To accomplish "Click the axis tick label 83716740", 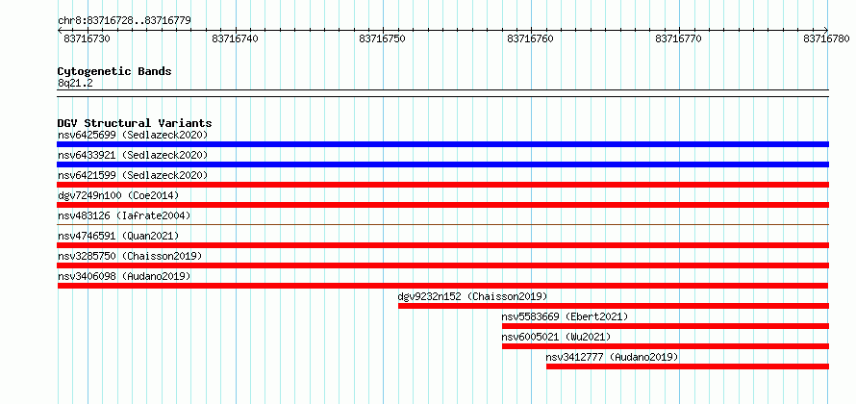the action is [x=236, y=38].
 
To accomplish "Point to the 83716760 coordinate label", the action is [x=531, y=38].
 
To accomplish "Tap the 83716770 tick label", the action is [x=679, y=38].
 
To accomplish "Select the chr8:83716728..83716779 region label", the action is [x=124, y=21].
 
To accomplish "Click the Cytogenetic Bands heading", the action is [x=114, y=71].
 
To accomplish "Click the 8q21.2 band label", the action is [x=74, y=84].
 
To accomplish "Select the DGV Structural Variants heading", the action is [x=135, y=123].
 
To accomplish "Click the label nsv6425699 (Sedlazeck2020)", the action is [x=133, y=135].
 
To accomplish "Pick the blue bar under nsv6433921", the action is [x=442, y=164].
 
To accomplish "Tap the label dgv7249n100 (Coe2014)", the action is [x=118, y=195].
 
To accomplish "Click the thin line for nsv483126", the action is [x=442, y=224].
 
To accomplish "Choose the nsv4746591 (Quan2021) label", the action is [x=118, y=236].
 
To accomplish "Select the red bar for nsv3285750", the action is [x=442, y=265].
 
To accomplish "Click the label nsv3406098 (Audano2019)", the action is [x=124, y=276].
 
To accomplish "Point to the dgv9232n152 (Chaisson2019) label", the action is [x=473, y=296].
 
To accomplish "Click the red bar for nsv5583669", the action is [x=666, y=326].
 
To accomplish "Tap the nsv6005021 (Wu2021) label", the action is [x=556, y=337].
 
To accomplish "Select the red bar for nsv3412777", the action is [x=688, y=366].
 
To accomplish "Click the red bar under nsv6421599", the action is [x=442, y=185].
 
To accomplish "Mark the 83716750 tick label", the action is [x=383, y=38].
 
